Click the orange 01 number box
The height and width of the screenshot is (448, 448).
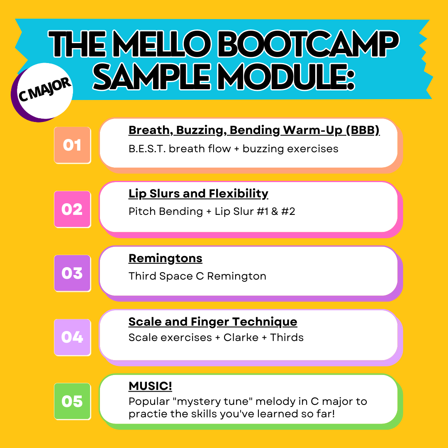point(72,145)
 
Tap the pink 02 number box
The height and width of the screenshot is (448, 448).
point(72,209)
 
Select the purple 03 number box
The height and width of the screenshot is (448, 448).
point(72,273)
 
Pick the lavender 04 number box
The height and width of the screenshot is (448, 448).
point(72,337)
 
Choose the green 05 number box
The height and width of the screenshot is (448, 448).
point(72,401)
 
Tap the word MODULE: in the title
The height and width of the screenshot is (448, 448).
point(286,78)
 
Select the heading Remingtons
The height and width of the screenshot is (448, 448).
point(166,258)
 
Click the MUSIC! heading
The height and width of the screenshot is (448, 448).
point(150,386)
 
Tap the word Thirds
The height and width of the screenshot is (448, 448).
point(287,337)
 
